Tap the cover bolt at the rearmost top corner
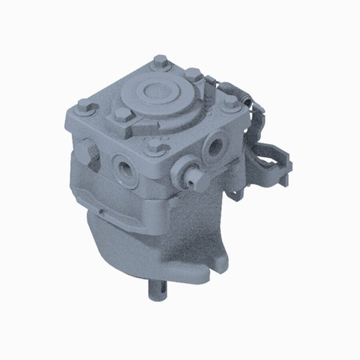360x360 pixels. pos(160,63)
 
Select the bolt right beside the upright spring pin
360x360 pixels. pos(194,75)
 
